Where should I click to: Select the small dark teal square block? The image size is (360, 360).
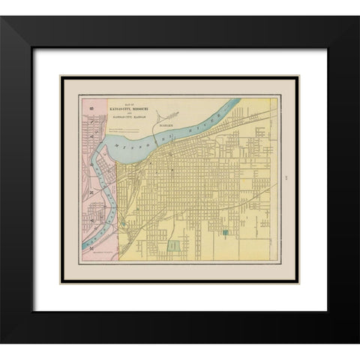[x=224, y=234]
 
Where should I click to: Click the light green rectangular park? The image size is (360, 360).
[x=174, y=245]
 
